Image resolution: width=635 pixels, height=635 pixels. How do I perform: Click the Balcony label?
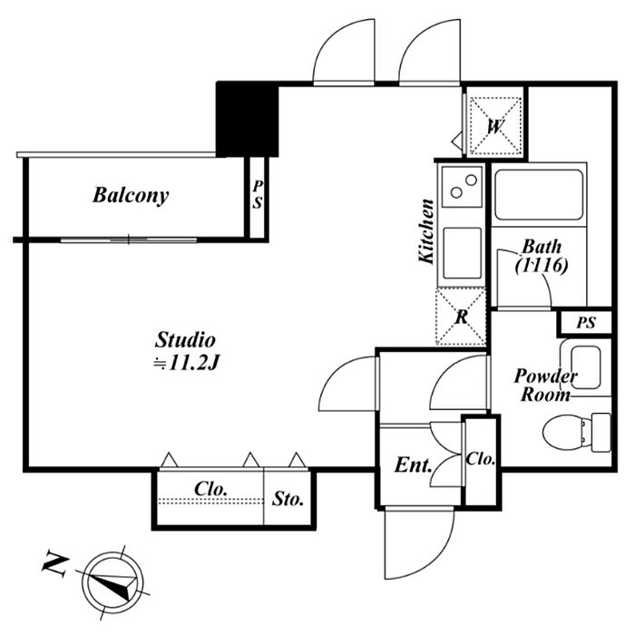tap(131, 196)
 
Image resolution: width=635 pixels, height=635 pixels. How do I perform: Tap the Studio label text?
tap(185, 340)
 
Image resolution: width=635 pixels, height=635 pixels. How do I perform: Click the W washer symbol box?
tap(495, 126)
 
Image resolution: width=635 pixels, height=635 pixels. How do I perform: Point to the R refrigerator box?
tap(461, 317)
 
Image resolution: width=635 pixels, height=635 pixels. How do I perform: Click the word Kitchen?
tap(426, 231)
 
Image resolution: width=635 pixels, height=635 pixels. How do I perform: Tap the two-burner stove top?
tap(462, 186)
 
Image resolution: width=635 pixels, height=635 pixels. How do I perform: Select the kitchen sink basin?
tap(462, 253)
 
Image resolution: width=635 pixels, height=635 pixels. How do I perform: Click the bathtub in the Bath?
tap(539, 195)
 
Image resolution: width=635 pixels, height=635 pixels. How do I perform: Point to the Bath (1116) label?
tap(542, 257)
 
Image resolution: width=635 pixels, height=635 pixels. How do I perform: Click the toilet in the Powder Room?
tap(576, 432)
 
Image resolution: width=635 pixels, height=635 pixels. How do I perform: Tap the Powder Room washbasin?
tap(586, 367)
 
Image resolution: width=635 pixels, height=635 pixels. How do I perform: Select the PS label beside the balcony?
tap(258, 195)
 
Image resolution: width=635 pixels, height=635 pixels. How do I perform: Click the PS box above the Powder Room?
tap(585, 323)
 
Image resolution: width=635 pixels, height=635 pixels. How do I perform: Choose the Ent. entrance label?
tap(413, 465)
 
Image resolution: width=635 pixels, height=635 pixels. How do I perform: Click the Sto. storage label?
tap(288, 499)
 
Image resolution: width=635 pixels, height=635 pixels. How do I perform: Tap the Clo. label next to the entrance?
tap(480, 459)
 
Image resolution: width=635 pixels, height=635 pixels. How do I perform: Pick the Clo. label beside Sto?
tap(210, 489)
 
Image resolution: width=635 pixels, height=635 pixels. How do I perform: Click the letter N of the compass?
tap(54, 563)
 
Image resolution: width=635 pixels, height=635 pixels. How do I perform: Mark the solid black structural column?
tap(247, 119)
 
